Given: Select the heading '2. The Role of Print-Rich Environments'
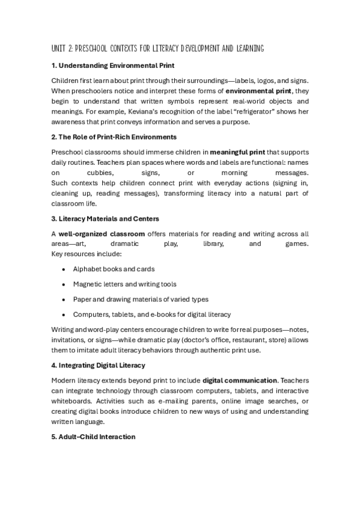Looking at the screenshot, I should point(114,137).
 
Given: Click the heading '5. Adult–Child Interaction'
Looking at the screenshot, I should point(93,437).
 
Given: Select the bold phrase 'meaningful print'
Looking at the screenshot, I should point(239,153).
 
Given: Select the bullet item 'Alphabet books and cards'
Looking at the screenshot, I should point(114,269).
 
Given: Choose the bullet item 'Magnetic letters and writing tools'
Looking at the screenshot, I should point(125,284).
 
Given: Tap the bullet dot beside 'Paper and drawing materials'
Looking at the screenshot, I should point(63,300).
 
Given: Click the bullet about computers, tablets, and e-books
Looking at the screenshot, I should point(152,315).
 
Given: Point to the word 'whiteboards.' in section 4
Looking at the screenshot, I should point(72,401).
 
